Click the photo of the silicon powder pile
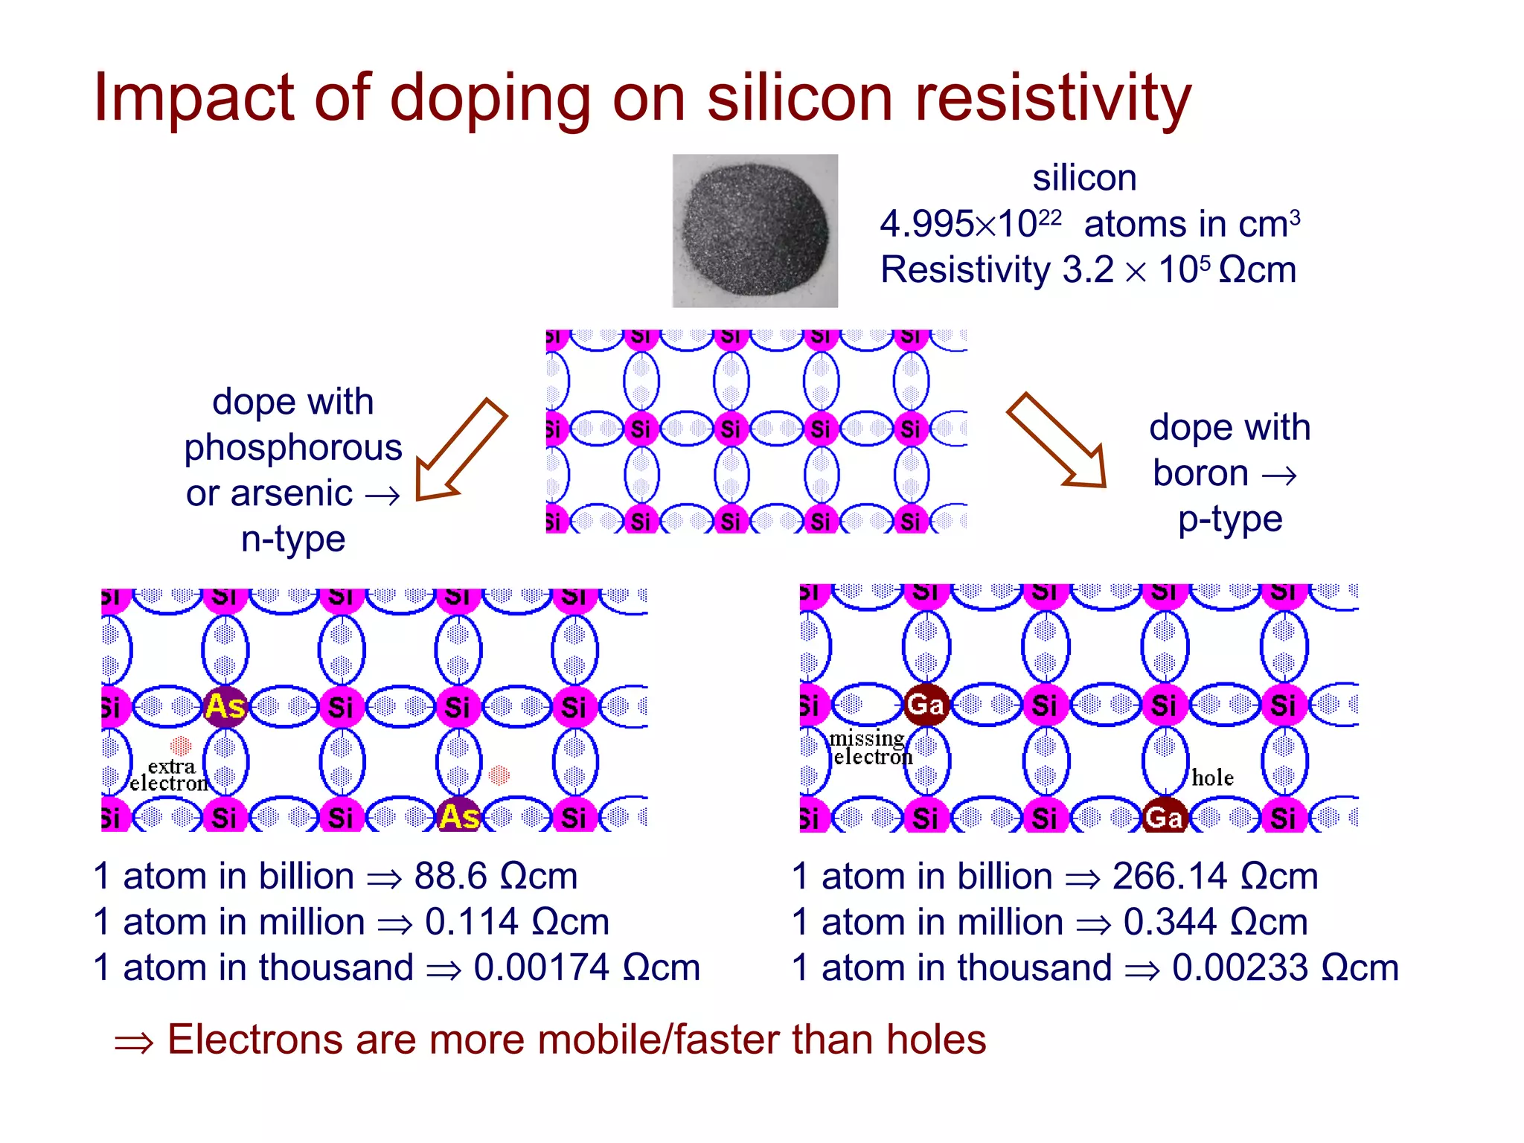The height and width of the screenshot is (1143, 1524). click(x=755, y=231)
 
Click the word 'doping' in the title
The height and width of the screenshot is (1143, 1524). click(x=490, y=99)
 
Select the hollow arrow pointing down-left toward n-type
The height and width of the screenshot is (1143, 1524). click(x=458, y=450)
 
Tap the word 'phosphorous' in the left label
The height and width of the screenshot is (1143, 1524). click(x=293, y=448)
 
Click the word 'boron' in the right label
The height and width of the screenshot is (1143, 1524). click(x=1200, y=474)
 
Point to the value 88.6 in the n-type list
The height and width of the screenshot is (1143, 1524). click(x=450, y=877)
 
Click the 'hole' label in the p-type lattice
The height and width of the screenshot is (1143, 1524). click(x=1212, y=778)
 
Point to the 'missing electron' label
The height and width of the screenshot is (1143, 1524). click(x=869, y=748)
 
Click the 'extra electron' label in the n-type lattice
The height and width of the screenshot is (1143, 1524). click(x=170, y=775)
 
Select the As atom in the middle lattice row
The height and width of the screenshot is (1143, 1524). click(x=225, y=707)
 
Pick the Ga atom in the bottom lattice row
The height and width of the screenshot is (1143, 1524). click(x=1165, y=818)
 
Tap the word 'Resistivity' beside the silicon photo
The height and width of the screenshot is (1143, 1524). click(x=965, y=270)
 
